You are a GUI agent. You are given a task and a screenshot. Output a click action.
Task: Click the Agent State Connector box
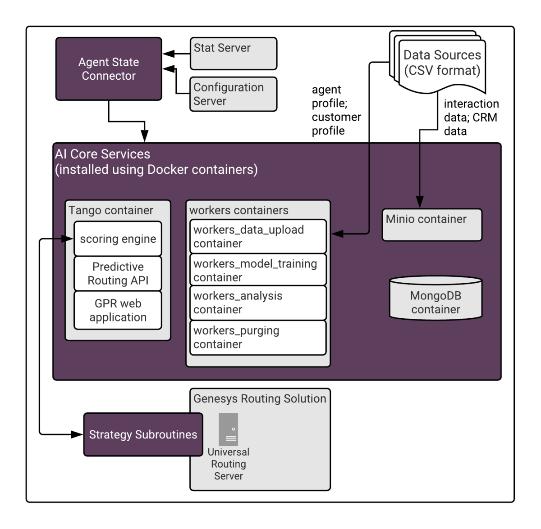109,69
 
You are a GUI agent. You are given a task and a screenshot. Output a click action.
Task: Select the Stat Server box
233,54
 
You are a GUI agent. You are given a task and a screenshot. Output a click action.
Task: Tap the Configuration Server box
233,94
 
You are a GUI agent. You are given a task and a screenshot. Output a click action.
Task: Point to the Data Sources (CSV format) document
442,65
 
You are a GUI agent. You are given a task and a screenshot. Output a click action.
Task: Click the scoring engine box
118,239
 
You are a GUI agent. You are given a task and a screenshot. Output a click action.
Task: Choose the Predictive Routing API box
118,273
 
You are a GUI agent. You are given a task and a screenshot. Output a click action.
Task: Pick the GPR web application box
118,310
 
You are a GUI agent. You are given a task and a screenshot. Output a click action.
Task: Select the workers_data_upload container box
258,236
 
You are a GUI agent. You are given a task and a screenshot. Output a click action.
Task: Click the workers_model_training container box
258,270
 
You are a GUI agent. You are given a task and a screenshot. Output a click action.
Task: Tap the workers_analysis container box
258,303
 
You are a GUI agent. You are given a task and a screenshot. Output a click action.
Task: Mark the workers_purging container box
258,337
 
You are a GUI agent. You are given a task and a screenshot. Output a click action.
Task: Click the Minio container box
432,225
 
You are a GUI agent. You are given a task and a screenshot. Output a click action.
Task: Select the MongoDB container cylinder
436,299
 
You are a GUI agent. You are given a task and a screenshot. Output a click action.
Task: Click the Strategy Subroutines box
143,434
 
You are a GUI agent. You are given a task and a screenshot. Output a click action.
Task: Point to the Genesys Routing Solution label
260,398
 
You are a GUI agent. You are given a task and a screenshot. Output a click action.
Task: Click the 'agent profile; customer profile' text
336,110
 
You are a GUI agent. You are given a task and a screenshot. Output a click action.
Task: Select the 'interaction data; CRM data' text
471,118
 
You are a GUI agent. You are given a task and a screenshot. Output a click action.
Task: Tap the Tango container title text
111,210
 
